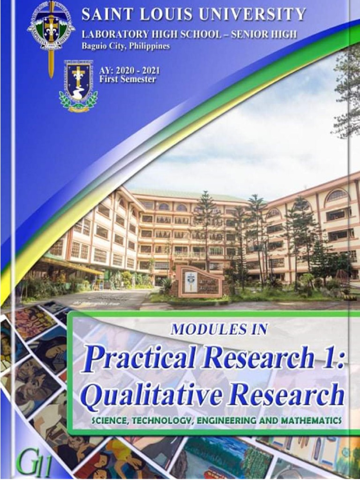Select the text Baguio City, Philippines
[x=125, y=46]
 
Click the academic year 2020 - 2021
[x=129, y=71]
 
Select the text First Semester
[x=127, y=79]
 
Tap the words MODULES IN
[x=219, y=329]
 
